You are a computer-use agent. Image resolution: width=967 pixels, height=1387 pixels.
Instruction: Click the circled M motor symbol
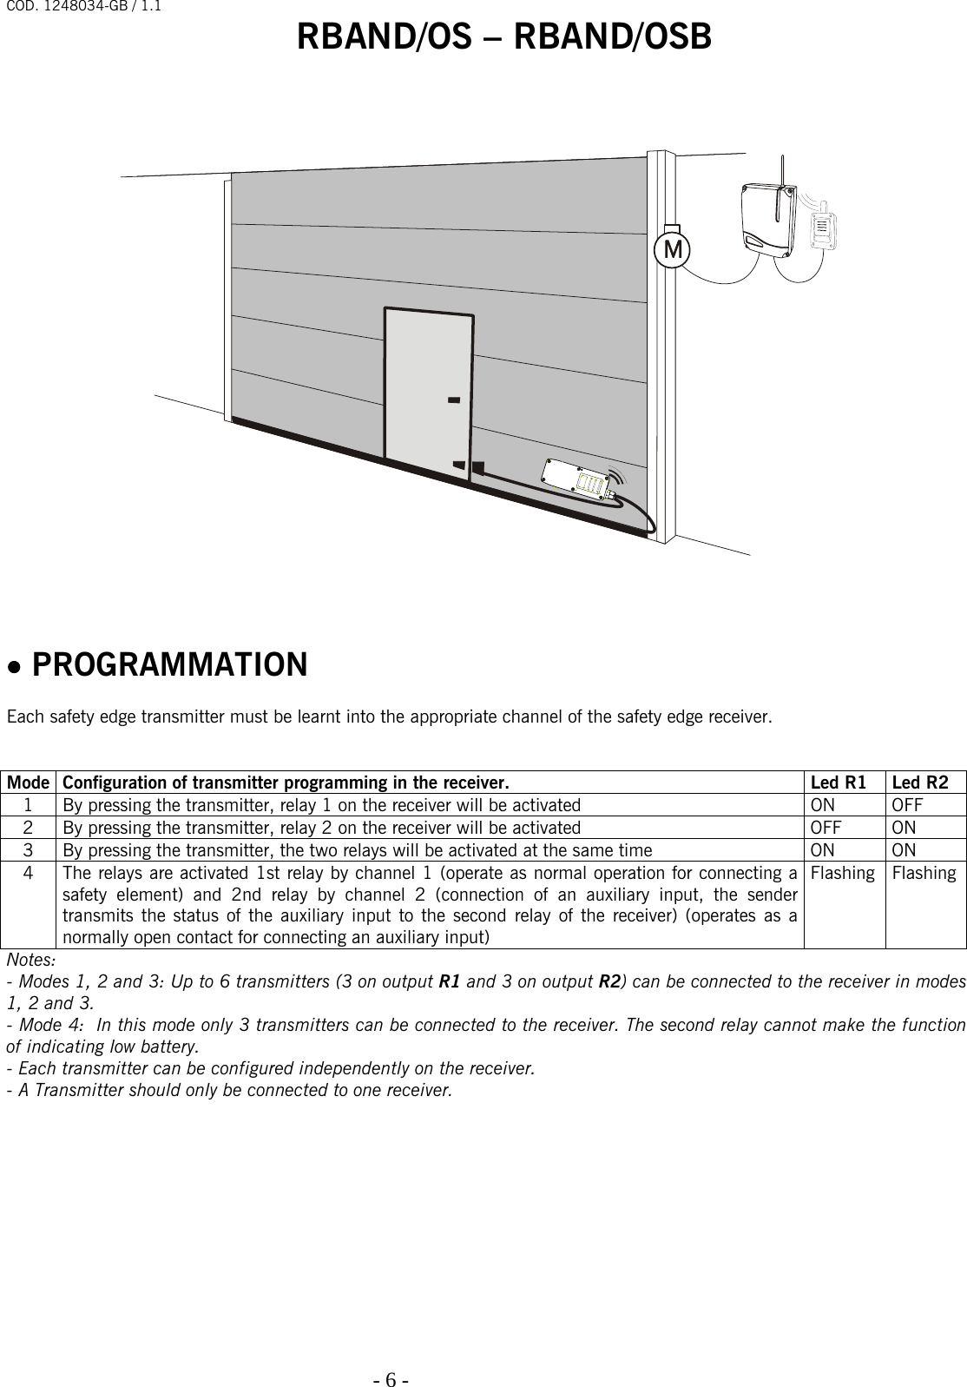[672, 249]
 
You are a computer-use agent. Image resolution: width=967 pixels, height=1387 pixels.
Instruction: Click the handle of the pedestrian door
[453, 400]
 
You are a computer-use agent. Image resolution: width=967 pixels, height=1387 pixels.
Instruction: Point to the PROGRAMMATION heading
[169, 665]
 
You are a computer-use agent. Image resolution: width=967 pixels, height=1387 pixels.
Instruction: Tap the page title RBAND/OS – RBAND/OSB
[504, 37]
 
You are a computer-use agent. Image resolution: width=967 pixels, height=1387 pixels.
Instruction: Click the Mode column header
[29, 782]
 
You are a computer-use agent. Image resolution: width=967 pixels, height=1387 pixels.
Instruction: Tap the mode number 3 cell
[29, 849]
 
